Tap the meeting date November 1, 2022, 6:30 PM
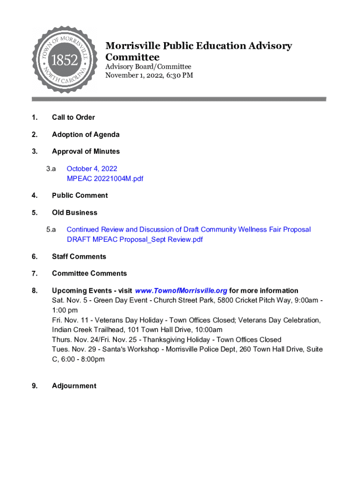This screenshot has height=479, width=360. (x=149, y=75)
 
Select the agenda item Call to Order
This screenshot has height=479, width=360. (x=73, y=117)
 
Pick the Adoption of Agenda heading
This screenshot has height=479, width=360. (x=86, y=135)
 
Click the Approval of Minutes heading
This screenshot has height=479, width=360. (x=86, y=152)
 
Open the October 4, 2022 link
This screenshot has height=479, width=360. (x=92, y=168)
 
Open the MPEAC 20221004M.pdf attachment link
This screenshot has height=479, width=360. (x=105, y=179)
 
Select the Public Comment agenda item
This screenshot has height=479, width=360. (x=79, y=196)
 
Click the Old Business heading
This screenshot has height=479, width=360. (x=74, y=213)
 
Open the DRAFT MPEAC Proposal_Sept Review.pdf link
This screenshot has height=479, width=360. (x=135, y=239)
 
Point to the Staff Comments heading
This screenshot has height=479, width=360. (x=79, y=256)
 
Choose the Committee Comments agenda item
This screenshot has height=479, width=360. (x=89, y=273)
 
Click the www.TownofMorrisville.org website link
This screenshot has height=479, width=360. (x=180, y=290)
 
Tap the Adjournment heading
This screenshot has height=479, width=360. (x=74, y=386)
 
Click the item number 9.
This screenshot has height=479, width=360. (x=35, y=386)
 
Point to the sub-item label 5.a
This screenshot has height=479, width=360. (x=51, y=230)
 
